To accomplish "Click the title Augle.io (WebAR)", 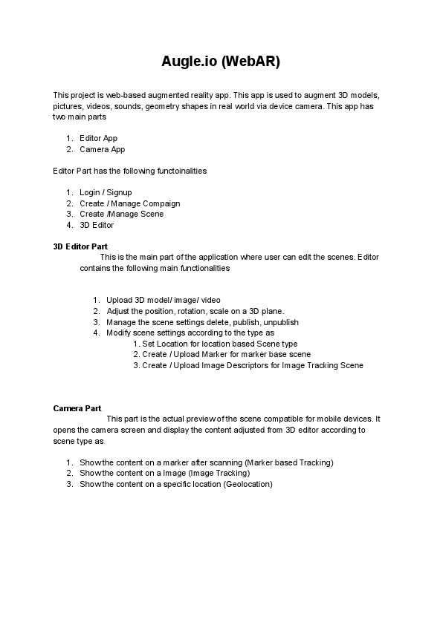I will [221, 62].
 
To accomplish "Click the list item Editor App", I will [98, 138].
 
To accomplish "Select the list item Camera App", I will [102, 149].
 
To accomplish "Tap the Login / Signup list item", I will [106, 192].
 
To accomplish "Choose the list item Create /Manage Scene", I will [121, 214].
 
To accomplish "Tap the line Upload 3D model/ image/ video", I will [163, 301].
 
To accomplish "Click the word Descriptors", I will [230, 365].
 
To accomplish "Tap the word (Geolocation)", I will [248, 484].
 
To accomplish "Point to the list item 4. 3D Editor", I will [97, 225].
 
